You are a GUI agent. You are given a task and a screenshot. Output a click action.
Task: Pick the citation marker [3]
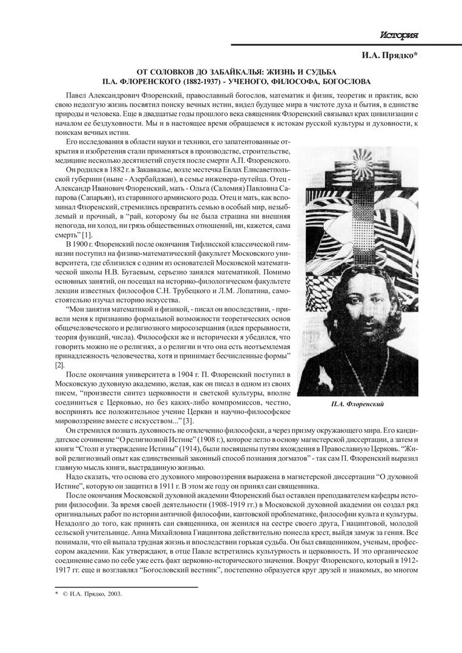(x=171, y=421)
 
